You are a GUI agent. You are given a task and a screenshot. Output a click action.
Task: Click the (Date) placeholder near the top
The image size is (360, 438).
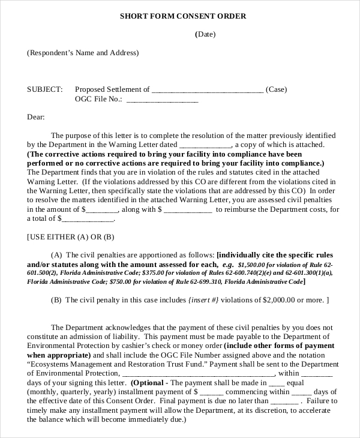[205, 34]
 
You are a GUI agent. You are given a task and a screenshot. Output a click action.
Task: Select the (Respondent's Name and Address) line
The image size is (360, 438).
[83, 53]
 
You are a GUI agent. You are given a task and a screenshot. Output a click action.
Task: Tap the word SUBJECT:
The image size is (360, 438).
[44, 89]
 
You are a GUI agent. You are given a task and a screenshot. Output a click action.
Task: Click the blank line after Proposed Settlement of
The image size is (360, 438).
[208, 90]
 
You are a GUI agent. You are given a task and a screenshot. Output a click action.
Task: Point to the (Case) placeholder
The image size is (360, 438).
[276, 89]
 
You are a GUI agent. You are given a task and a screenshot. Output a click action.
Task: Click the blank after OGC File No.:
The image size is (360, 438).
[162, 100]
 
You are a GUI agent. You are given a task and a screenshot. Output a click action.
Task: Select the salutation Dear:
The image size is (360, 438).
[36, 118]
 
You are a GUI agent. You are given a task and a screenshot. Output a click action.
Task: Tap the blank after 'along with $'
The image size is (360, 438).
[188, 210]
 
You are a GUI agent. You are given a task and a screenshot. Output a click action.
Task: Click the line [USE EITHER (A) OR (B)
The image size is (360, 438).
[71, 237]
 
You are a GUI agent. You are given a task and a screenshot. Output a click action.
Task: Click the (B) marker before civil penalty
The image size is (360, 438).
[56, 300]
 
